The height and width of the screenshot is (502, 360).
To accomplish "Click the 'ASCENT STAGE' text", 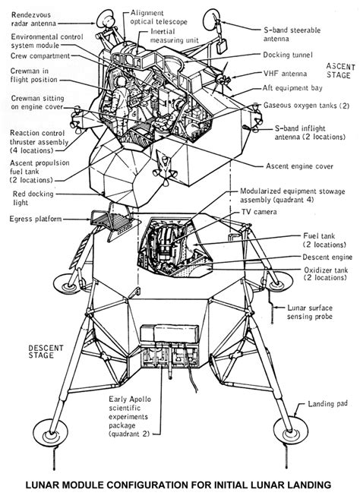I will [x=339, y=71].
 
